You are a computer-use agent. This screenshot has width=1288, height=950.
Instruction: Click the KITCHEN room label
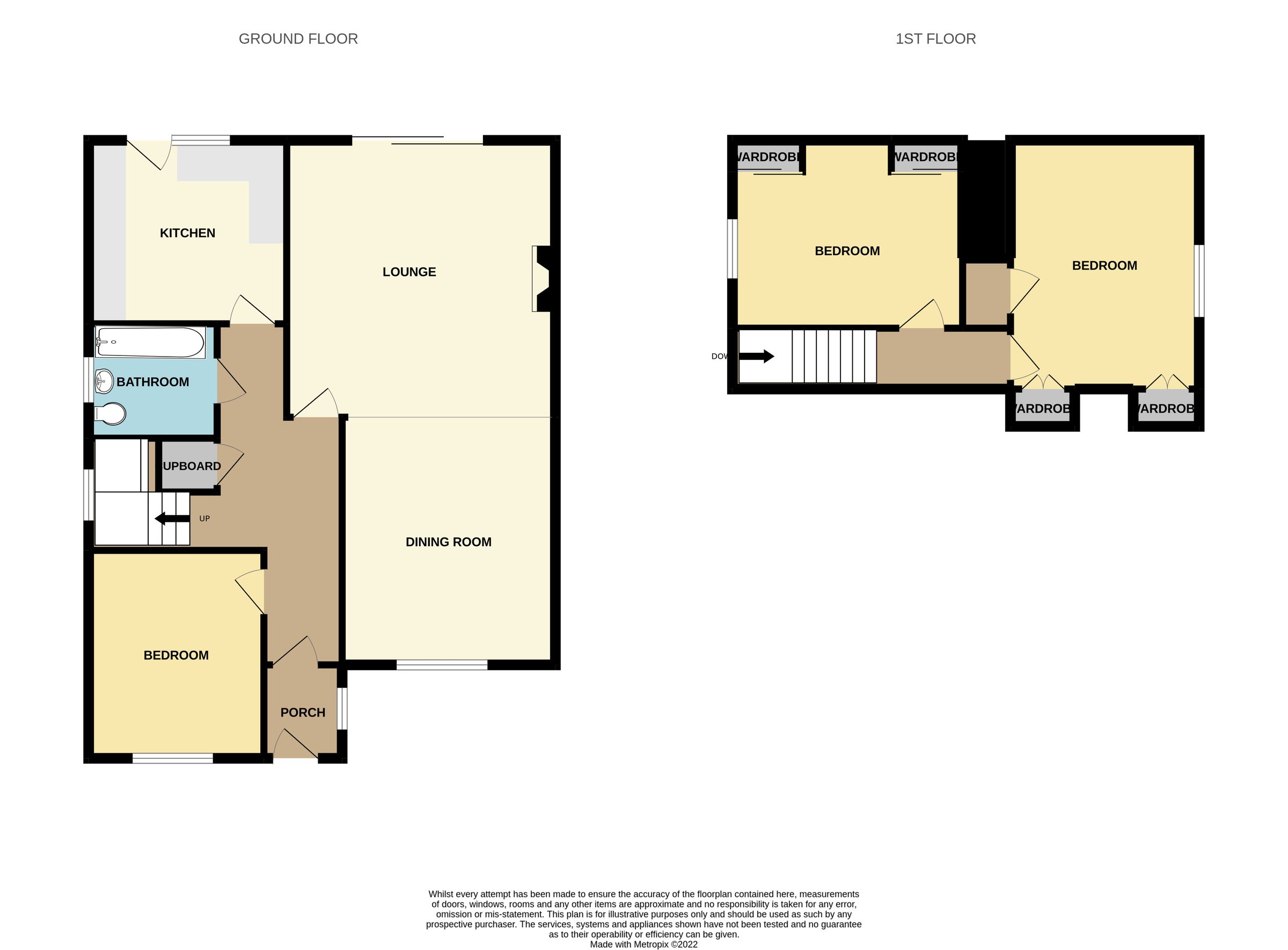[187, 233]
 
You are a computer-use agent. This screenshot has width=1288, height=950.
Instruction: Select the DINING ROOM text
[448, 542]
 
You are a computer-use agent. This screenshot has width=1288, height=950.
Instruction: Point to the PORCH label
[302, 713]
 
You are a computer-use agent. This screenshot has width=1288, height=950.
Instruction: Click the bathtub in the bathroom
[149, 342]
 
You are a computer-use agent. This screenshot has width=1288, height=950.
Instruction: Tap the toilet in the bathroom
[111, 413]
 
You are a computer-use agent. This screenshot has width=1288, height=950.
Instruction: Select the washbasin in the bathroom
[104, 380]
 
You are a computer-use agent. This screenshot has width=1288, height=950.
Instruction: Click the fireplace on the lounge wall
[541, 279]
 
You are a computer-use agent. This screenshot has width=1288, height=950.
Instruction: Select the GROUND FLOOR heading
[298, 39]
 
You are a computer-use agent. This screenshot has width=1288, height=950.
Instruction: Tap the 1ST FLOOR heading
[935, 39]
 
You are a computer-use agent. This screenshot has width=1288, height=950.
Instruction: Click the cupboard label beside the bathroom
[192, 466]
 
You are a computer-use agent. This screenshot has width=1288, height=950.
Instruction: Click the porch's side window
[342, 708]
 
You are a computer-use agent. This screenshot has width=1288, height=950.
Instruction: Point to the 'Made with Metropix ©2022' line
[643, 944]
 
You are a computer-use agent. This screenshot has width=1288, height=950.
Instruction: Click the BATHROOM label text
[152, 382]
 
